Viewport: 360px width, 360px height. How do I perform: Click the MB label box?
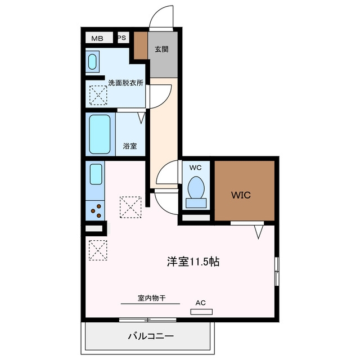(x=99, y=38)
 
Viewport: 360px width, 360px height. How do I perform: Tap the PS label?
(x=122, y=38)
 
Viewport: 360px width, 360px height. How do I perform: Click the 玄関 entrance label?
(x=161, y=49)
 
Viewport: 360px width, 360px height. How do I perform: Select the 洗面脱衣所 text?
(x=125, y=83)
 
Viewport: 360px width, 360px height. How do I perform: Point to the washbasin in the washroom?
(x=92, y=62)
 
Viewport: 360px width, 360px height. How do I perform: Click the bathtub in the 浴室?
(x=100, y=134)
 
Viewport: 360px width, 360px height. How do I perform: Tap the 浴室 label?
(x=130, y=146)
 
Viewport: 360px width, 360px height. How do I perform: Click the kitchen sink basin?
(x=96, y=174)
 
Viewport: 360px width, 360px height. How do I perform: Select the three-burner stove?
(x=95, y=211)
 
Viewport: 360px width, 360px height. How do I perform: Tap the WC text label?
(x=195, y=168)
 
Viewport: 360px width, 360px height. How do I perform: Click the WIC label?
(x=241, y=195)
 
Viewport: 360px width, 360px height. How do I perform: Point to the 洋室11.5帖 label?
(x=193, y=262)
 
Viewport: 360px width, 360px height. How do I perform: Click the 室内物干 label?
(x=151, y=298)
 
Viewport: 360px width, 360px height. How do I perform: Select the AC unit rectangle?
(x=201, y=312)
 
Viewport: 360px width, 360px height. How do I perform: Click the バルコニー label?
(x=151, y=336)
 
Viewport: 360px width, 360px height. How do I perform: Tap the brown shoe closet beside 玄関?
(x=141, y=46)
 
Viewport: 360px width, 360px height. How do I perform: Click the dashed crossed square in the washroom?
(x=98, y=95)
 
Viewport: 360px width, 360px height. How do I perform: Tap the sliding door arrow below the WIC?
(x=259, y=232)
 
